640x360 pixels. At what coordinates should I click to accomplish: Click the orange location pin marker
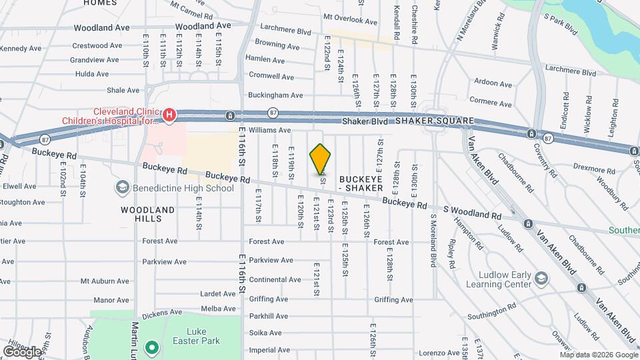click(x=321, y=160)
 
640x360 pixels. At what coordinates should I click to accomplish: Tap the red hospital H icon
click(x=169, y=116)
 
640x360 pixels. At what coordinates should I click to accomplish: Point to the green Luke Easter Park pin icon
click(x=151, y=347)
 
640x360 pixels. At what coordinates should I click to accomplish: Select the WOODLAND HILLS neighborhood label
click(x=147, y=214)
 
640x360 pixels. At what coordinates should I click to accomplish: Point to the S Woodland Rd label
click(x=471, y=215)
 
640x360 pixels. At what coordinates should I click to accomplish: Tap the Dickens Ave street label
click(x=163, y=311)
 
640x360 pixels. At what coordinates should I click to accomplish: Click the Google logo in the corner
click(x=22, y=351)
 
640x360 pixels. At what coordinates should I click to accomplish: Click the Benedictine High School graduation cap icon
click(x=121, y=189)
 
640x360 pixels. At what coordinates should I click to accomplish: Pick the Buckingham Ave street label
click(x=275, y=95)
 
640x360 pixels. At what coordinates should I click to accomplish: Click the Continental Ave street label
click(x=275, y=279)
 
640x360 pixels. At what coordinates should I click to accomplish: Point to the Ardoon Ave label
click(x=493, y=84)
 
